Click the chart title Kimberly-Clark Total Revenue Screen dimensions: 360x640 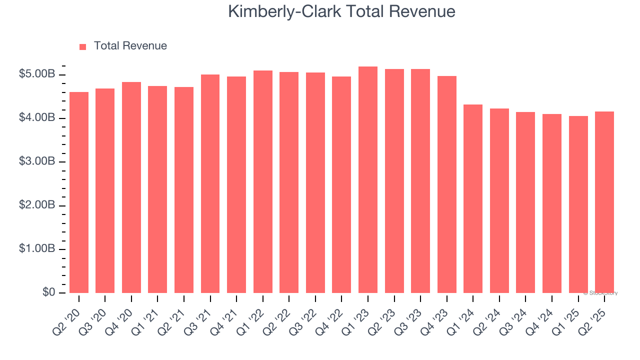pyautogui.click(x=341, y=11)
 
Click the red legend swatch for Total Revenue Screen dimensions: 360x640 pyautogui.click(x=83, y=46)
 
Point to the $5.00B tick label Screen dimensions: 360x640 pyautogui.click(x=37, y=74)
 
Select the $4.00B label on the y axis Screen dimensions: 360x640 pyautogui.click(x=37, y=118)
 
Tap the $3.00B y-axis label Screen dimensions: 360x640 pyautogui.click(x=37, y=161)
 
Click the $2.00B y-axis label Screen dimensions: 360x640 pyautogui.click(x=37, y=205)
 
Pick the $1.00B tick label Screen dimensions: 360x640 pyautogui.click(x=37, y=248)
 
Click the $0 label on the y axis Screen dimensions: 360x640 pyautogui.click(x=48, y=292)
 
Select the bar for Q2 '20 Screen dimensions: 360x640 pyautogui.click(x=79, y=192)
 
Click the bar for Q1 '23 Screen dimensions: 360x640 pyautogui.click(x=368, y=180)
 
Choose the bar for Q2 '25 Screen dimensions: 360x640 pyautogui.click(x=604, y=202)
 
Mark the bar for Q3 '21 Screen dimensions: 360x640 pyautogui.click(x=210, y=184)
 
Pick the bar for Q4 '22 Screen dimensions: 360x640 pyautogui.click(x=341, y=185)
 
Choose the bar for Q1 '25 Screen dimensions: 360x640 pyautogui.click(x=578, y=204)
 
